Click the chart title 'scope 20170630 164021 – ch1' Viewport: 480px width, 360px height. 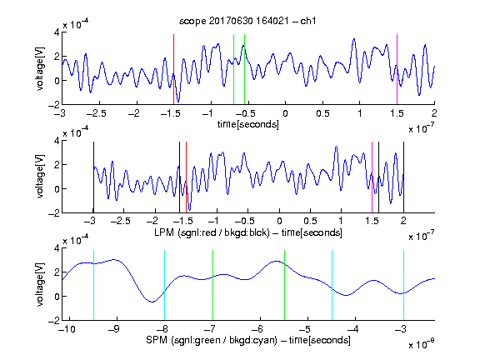tap(247, 21)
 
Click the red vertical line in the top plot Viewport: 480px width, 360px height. tap(173, 69)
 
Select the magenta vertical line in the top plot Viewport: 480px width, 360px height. tap(397, 69)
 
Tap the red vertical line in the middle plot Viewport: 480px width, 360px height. tap(186, 177)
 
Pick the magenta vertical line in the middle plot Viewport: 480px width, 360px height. tap(372, 177)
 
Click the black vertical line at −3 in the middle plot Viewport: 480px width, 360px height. tap(93, 177)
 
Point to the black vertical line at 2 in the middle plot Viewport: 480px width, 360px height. tap(403, 177)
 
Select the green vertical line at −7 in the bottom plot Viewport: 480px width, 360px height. tap(212, 285)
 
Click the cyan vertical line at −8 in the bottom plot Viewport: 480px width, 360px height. tap(165, 285)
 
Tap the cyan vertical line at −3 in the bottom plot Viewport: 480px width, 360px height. tap(403, 285)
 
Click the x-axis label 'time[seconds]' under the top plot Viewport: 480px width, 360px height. tap(248, 124)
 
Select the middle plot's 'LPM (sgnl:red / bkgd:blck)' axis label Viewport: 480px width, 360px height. tap(212, 232)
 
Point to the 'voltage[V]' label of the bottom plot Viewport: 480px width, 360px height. tap(40, 285)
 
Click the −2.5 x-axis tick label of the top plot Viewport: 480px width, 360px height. tap(96, 113)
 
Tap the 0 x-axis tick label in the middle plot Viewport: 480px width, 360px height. tap(279, 221)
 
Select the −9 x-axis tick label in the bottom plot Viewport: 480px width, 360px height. tap(114, 329)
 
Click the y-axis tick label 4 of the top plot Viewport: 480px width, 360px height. tap(57, 32)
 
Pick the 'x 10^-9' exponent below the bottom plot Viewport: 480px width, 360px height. tap(421, 343)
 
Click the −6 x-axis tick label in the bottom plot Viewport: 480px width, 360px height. tap(257, 329)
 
